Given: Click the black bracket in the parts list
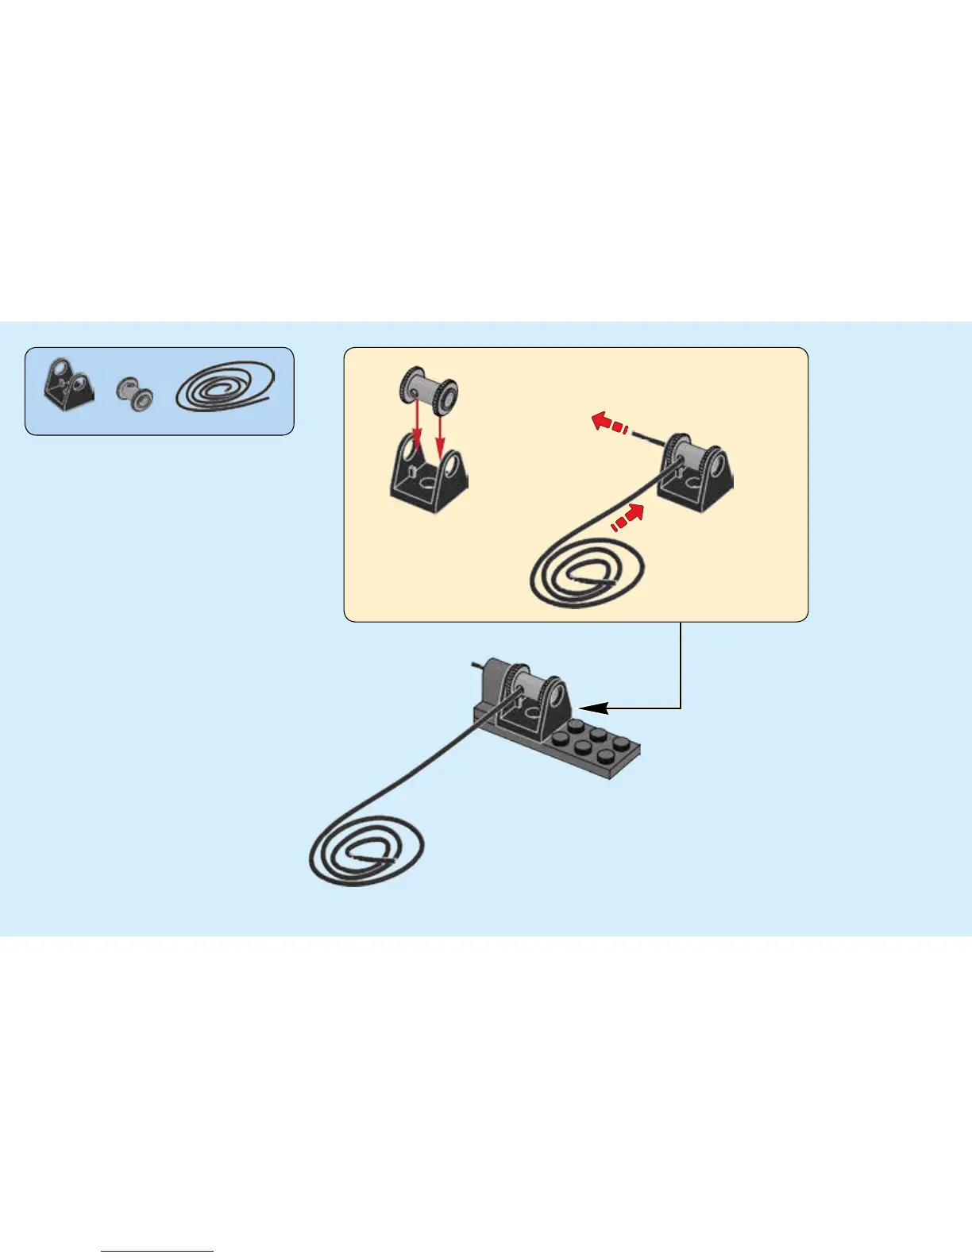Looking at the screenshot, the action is coord(67,384).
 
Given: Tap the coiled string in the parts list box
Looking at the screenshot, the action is coord(226,388).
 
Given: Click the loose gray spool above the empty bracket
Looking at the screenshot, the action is coord(429,391).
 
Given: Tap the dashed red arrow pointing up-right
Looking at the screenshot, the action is coord(627,518).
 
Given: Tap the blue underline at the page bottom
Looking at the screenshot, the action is coord(157,1252).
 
